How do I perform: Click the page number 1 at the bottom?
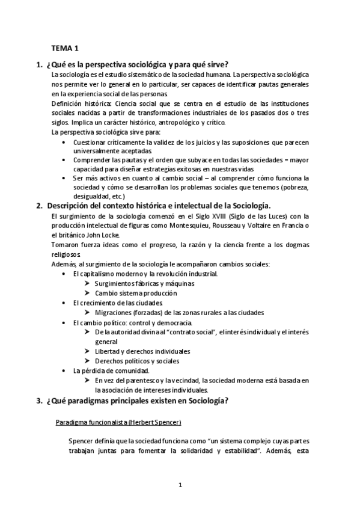point(180,484)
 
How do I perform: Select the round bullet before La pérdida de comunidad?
point(65,370)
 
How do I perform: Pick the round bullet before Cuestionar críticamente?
point(65,142)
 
